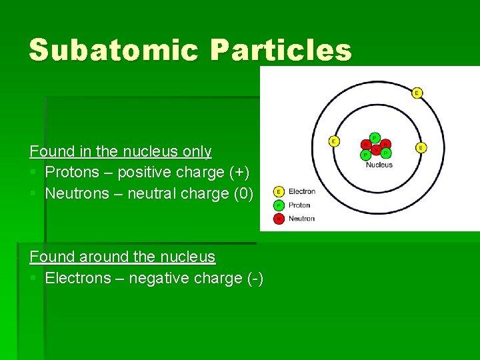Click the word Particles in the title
click(x=281, y=51)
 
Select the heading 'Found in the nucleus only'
click(x=121, y=151)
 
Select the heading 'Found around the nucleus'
click(x=123, y=257)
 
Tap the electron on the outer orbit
click(x=417, y=93)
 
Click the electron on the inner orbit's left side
click(x=334, y=141)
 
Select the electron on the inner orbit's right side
click(x=421, y=147)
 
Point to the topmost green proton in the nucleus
click(x=375, y=137)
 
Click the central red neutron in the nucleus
click(x=376, y=149)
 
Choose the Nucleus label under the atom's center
click(x=379, y=165)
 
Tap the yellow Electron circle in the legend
click(x=279, y=192)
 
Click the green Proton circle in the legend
click(x=279, y=205)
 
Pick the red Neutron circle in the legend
click(x=279, y=218)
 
